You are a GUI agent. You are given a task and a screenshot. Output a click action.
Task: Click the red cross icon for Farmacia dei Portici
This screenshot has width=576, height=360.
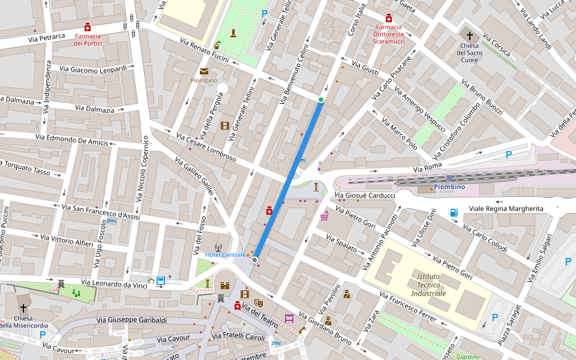(88, 27)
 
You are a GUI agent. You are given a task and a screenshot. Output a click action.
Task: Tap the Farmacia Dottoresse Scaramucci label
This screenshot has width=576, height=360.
(388, 34)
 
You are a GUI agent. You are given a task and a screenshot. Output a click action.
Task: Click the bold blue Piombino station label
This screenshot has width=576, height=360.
(449, 187)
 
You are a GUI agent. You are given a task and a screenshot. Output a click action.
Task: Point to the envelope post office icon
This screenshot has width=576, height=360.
(204, 71)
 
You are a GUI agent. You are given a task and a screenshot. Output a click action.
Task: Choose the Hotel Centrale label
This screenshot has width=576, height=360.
(225, 255)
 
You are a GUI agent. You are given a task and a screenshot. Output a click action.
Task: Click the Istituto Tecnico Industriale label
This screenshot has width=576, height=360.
(428, 285)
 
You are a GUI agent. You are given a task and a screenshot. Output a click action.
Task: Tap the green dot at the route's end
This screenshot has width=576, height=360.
(321, 100)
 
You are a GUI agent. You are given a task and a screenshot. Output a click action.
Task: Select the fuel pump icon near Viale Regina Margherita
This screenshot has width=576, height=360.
(454, 212)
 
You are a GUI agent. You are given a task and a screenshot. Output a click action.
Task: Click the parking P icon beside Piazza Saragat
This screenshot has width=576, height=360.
(494, 317)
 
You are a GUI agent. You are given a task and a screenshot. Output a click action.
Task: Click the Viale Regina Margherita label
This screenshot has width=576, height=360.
(506, 208)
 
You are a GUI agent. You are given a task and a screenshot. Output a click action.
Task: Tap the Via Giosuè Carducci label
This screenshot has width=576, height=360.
(365, 196)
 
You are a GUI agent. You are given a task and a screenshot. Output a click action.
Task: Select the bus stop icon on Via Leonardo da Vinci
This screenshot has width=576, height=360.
(161, 280)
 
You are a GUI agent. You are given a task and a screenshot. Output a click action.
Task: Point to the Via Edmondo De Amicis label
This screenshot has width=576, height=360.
(71, 140)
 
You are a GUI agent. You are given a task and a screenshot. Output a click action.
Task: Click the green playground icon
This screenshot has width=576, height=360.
(76, 293)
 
